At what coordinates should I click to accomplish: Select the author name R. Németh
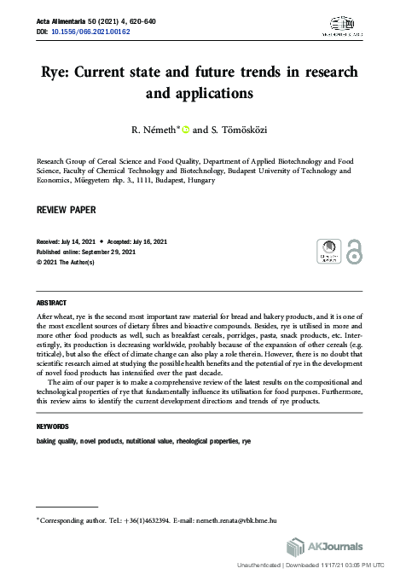(x=153, y=130)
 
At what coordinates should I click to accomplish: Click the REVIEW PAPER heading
(x=66, y=209)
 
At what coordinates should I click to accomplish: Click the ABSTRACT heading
(x=52, y=303)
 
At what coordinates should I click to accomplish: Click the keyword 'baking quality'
(x=56, y=443)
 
